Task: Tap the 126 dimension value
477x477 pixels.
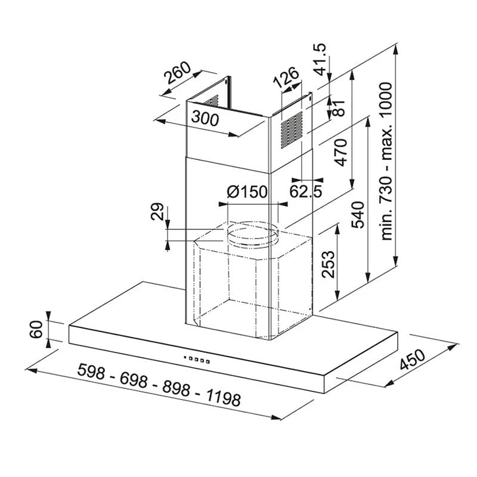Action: [x=286, y=78]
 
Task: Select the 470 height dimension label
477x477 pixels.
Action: [x=340, y=154]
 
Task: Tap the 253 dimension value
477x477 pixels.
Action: [x=327, y=264]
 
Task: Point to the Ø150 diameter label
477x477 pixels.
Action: [x=247, y=192]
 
